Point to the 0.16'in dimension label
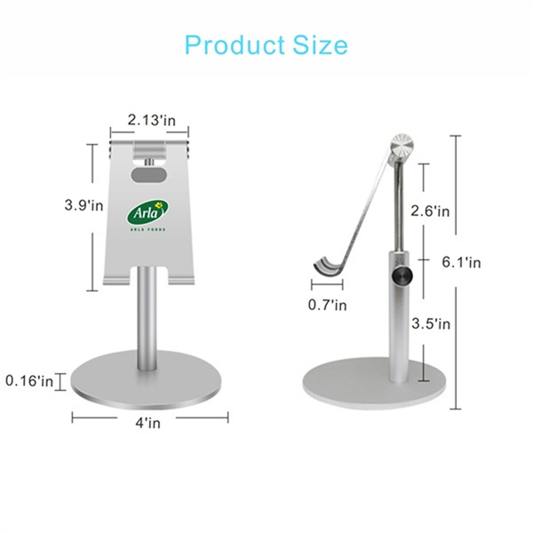click(x=29, y=381)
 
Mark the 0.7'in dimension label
click(x=328, y=305)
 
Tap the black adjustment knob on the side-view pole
click(x=403, y=277)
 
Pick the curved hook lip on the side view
click(x=326, y=266)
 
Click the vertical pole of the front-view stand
click(x=148, y=320)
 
